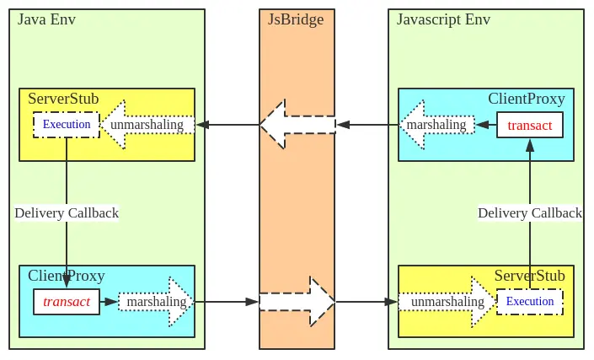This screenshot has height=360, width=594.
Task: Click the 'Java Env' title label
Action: (x=46, y=19)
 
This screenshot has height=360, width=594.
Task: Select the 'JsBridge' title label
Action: (x=296, y=19)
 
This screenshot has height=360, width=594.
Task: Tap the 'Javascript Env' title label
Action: (x=443, y=19)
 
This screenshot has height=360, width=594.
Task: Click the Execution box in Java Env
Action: (x=67, y=125)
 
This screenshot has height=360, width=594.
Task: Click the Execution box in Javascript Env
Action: (x=529, y=302)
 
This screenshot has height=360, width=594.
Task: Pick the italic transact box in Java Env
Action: (x=67, y=302)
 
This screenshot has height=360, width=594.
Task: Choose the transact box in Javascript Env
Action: (x=529, y=126)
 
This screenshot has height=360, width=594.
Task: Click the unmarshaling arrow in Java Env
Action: (x=150, y=125)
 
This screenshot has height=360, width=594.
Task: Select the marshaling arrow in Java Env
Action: (x=156, y=302)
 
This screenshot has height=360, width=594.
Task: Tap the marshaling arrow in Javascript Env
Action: (x=436, y=125)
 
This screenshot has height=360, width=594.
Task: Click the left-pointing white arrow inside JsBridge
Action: (x=296, y=125)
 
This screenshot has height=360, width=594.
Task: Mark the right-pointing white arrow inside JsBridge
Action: (x=297, y=301)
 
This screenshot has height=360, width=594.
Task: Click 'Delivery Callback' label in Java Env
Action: (x=67, y=212)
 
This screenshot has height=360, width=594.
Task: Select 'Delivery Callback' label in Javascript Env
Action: (x=529, y=212)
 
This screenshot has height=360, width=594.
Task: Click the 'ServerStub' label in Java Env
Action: (x=63, y=99)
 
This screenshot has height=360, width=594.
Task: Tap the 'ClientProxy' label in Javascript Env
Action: (x=526, y=99)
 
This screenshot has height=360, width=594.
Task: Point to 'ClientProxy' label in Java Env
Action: (x=67, y=276)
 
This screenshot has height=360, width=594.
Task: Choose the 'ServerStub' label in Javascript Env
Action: (x=529, y=276)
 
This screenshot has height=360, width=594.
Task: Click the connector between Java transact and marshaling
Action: (x=109, y=302)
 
